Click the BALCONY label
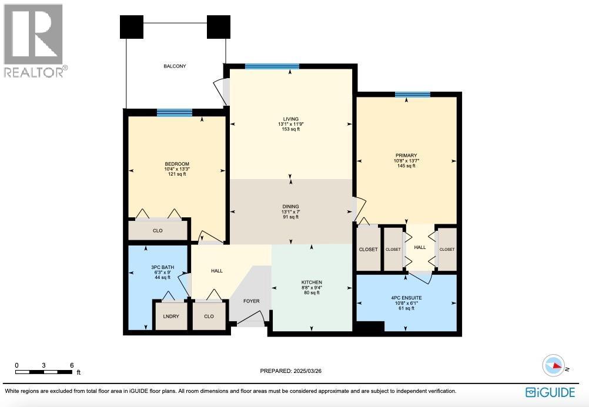tap(175, 66)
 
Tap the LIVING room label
tap(290, 119)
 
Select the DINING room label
tap(290, 207)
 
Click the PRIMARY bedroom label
tap(406, 156)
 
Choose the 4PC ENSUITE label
tap(406, 298)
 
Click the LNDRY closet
tap(171, 316)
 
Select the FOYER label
tap(252, 301)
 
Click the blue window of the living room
tap(272, 66)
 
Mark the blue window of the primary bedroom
tap(412, 95)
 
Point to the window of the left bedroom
tap(175, 113)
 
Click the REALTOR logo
tap(34, 41)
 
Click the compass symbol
tap(554, 365)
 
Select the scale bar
tap(44, 371)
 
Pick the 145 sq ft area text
tap(406, 166)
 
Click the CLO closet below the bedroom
tap(158, 231)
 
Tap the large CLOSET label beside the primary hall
tap(369, 250)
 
